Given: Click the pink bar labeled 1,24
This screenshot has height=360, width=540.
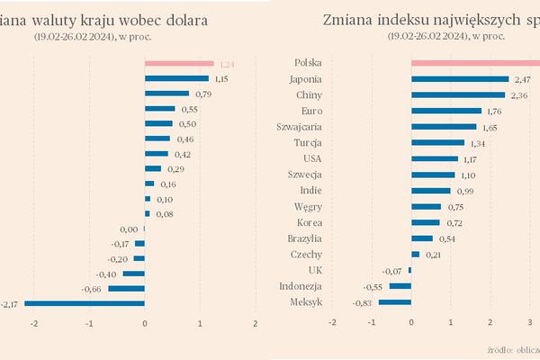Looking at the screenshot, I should tap(179, 63).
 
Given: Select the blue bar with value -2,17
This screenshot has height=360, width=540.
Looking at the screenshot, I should tap(85, 303).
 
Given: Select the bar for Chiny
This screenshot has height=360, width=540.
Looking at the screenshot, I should tap(458, 94).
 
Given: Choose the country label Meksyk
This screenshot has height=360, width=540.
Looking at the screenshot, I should tap(305, 302).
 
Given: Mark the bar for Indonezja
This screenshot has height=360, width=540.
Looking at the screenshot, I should tap(400, 286).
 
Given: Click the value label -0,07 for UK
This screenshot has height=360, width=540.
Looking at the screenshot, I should tap(391, 271).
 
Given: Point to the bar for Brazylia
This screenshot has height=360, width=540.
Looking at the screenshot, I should tap(422, 238).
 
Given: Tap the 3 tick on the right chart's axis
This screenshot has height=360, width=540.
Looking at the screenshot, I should tap(530, 323).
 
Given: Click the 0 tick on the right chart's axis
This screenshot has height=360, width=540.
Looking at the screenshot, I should tap(411, 323).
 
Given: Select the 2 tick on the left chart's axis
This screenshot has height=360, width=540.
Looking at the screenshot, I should tap(256, 323).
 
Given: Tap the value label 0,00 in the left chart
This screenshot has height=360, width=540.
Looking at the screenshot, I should tap(129, 229).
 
